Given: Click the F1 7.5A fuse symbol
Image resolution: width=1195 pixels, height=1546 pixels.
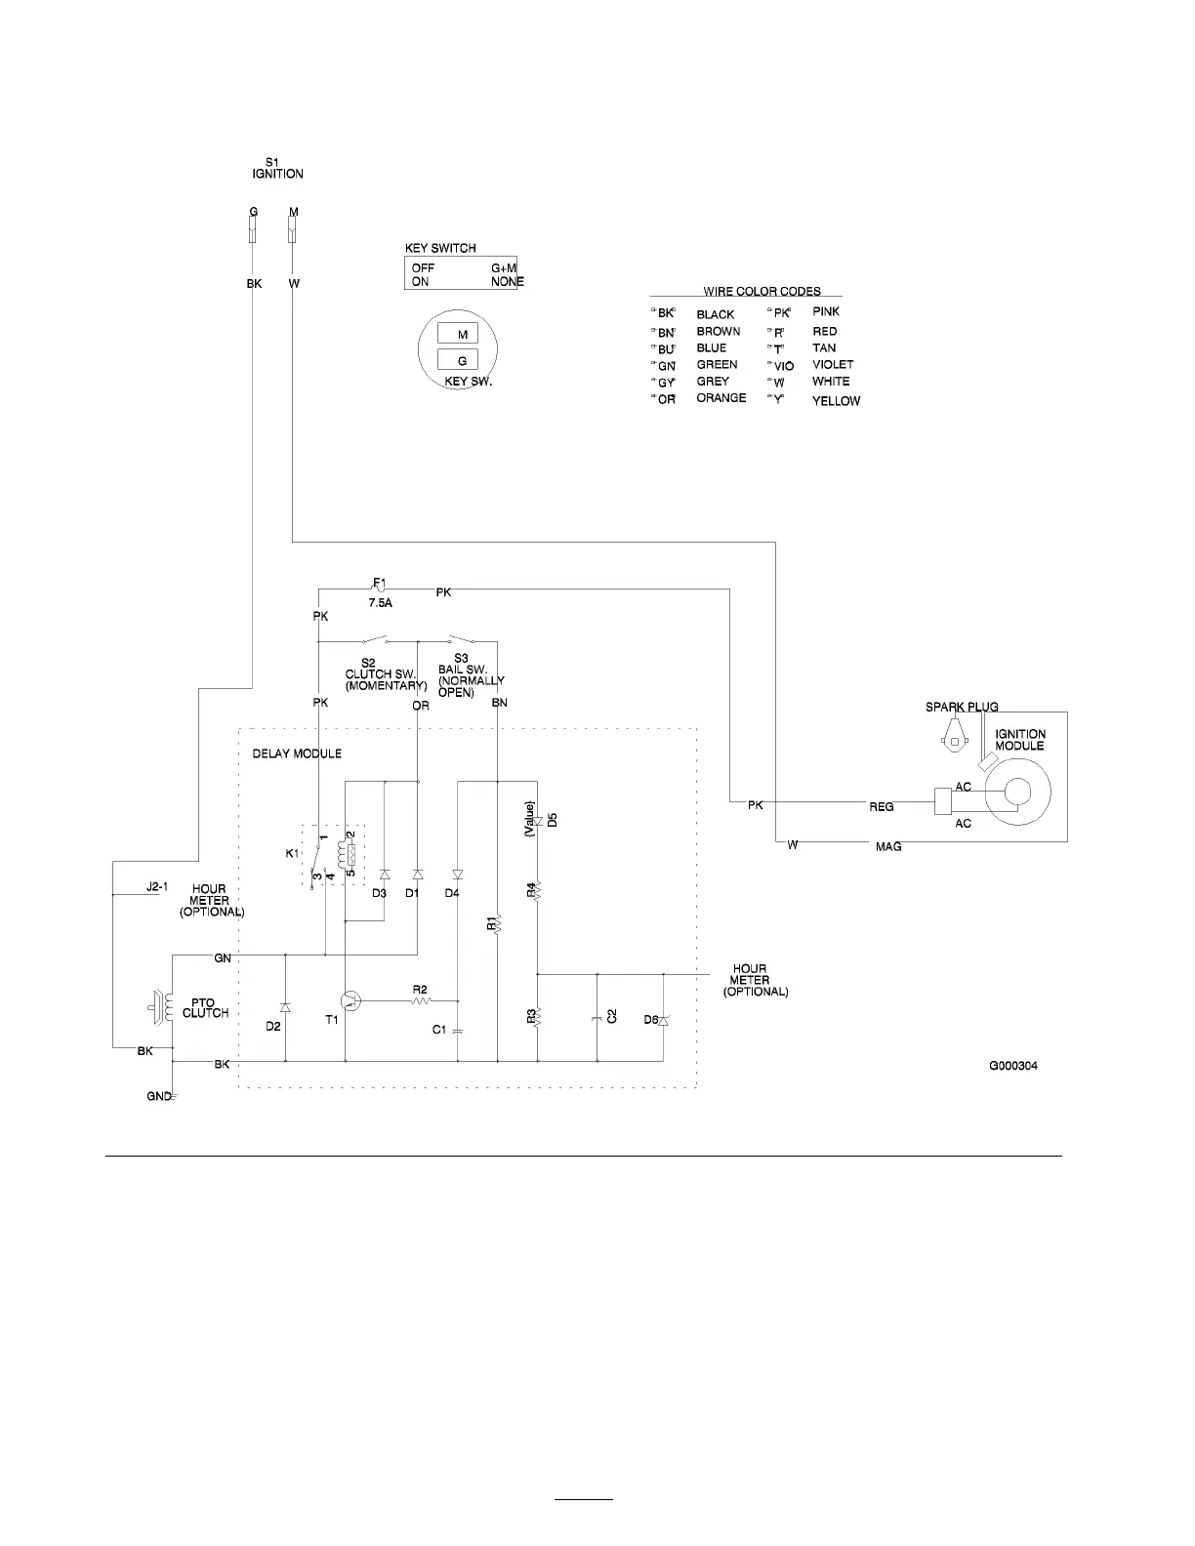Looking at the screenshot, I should (380, 589).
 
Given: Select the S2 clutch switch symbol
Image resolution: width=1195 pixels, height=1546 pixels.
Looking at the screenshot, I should (373, 641).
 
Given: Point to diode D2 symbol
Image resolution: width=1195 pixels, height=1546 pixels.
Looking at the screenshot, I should (285, 1006).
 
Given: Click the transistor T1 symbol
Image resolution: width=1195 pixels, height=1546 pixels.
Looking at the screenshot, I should (350, 1000).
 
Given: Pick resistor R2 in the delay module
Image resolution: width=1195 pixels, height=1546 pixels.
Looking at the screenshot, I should (421, 999).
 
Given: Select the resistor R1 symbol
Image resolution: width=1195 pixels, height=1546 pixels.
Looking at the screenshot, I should (497, 922).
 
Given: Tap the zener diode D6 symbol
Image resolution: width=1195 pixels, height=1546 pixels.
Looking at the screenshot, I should (663, 1020).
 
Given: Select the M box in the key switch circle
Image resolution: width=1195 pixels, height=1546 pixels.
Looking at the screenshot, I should (463, 335).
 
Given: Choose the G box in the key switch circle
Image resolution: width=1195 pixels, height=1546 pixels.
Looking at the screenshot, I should (463, 361).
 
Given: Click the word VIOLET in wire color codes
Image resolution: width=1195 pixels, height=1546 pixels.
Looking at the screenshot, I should (833, 364).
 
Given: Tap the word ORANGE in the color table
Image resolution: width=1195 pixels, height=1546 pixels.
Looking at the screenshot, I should (721, 398).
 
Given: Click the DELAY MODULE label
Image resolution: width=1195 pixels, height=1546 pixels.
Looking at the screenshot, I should (297, 753).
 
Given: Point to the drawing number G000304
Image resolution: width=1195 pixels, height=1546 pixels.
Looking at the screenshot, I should (1012, 1066).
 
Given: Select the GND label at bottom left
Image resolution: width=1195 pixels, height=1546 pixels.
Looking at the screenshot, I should (158, 1097).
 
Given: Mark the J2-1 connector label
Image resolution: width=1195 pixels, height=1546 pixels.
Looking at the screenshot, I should (157, 888).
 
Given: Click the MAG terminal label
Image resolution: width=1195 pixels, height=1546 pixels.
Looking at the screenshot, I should (888, 846).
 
